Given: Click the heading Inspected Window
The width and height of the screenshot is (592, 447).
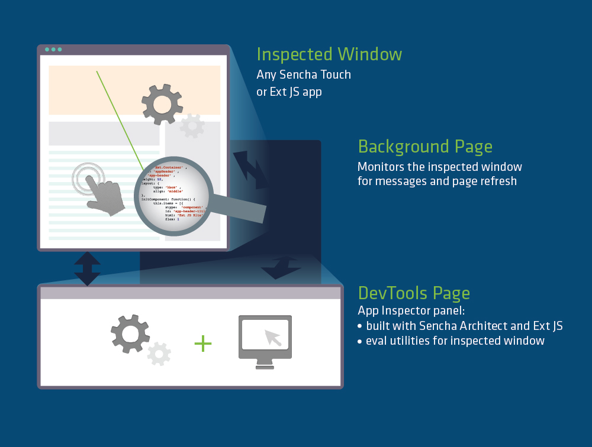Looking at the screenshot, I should coord(329,54).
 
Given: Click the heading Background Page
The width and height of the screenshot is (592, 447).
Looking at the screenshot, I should coord(425,146).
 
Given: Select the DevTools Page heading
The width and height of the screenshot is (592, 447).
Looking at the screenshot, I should coord(414,293).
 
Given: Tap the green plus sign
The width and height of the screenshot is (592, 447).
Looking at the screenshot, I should coord(203,344).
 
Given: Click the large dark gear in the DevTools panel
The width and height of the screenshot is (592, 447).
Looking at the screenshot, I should coord(130,334).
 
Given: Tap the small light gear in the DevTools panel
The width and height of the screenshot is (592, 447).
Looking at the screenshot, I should coord(159,354).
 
